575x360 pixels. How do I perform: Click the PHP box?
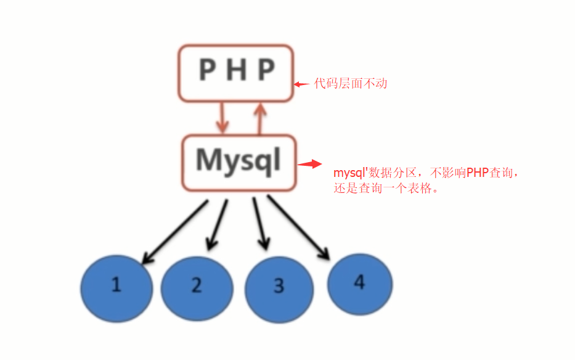236,73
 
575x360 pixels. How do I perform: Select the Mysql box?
239,163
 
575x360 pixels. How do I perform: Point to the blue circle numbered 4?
360,284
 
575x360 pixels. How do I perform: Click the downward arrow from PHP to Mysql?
222,118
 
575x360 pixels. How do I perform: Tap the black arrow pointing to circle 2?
218,225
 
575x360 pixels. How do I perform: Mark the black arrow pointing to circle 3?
260,223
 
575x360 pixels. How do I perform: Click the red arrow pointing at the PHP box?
301,84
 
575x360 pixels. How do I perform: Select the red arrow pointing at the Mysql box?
310,165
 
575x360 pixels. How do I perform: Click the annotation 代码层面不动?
351,83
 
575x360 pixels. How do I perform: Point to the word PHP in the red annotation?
477,173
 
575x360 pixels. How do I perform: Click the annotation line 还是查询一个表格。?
386,189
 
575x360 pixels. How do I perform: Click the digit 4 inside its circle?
360,282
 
